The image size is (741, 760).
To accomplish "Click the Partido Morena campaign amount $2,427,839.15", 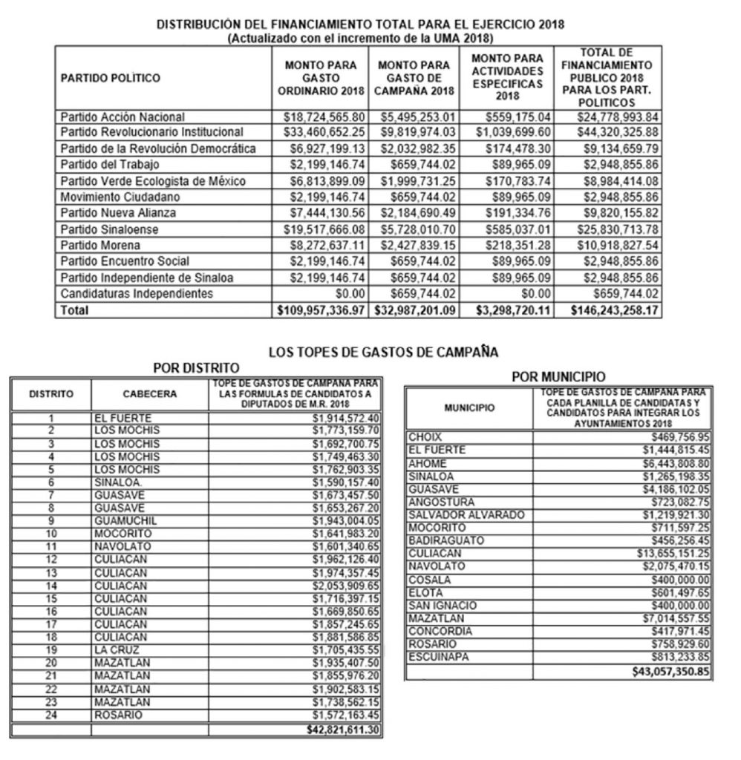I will coord(418,245).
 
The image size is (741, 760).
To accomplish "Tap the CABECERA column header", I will coord(150,394).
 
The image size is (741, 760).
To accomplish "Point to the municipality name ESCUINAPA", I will coord(439,658).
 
